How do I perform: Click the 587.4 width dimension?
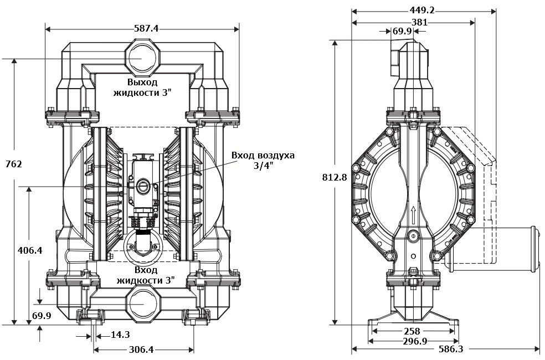click(x=143, y=28)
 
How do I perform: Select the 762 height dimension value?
click(x=13, y=164)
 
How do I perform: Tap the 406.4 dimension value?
click(x=14, y=250)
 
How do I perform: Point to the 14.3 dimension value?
click(x=121, y=335)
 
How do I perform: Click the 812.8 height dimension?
click(x=335, y=177)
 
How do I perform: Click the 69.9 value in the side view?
click(x=402, y=32)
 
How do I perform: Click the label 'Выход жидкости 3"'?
click(x=142, y=87)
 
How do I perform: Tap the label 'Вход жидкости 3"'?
click(x=146, y=275)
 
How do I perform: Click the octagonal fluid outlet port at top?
click(x=142, y=58)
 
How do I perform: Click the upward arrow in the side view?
click(x=413, y=213)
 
